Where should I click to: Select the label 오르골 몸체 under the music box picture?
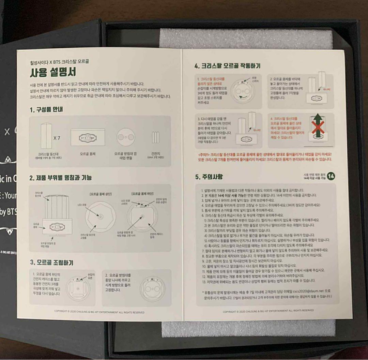88,154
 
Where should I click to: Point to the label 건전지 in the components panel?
155,153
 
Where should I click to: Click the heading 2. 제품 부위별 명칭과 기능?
60,178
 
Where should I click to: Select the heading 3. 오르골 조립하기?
51,262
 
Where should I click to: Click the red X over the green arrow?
317,129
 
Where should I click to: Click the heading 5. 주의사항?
209,177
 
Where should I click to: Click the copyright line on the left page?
99,312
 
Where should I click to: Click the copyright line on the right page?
268,311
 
